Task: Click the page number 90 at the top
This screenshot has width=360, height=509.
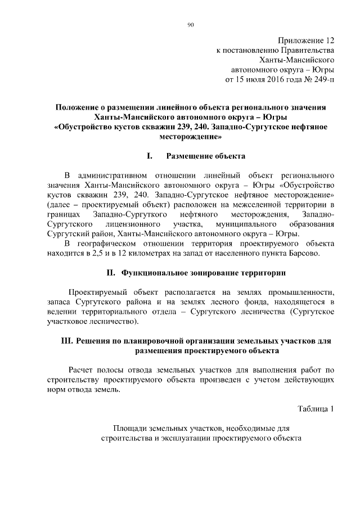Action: click(190, 24)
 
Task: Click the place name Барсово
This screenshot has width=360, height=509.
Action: click(304, 253)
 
